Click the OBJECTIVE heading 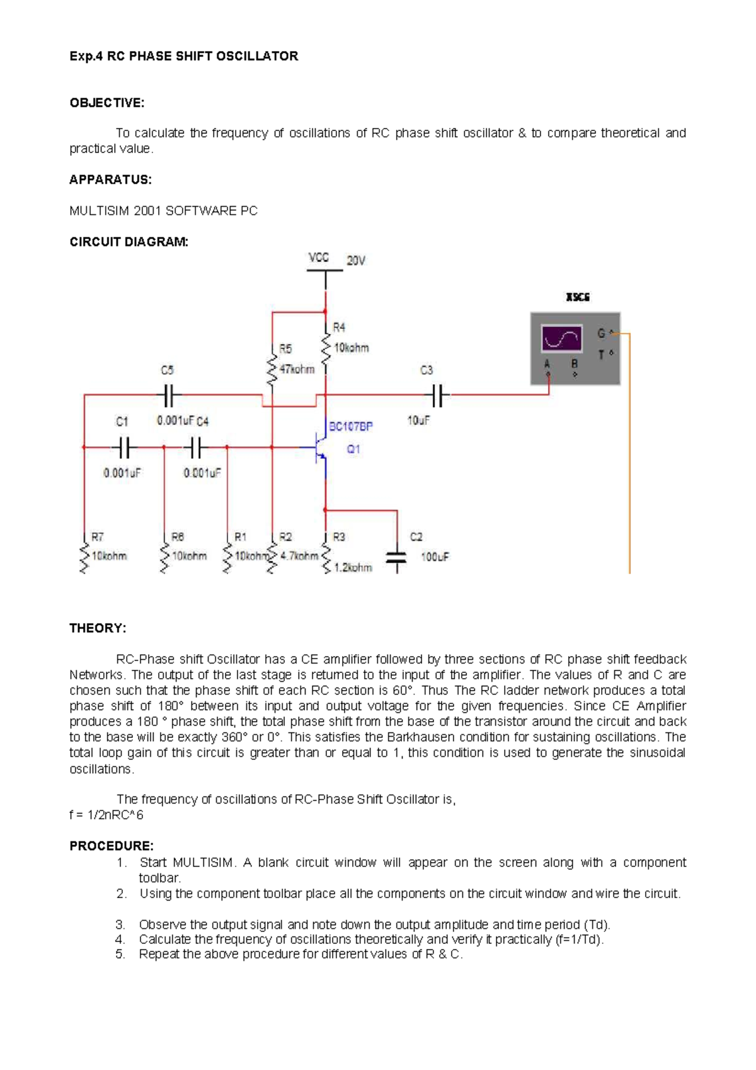pos(106,103)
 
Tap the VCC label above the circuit pos(319,257)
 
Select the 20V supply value pos(356,260)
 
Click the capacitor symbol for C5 pos(168,396)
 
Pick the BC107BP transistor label pos(351,427)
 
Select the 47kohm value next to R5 pos(297,369)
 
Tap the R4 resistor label pos(339,327)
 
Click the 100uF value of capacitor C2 pos(435,557)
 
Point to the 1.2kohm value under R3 pos(353,568)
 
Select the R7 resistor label pos(98,537)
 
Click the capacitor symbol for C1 pos(123,448)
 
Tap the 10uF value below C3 pos(418,420)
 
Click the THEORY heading pos(98,628)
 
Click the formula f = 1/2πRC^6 pos(106,815)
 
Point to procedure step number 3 pos(120,924)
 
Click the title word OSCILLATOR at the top pos(257,56)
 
